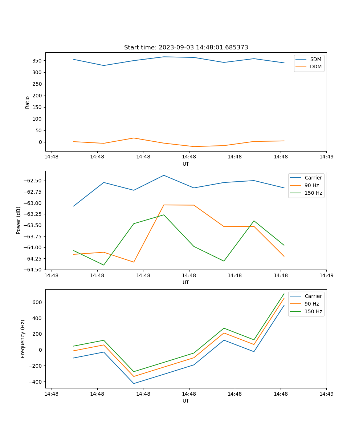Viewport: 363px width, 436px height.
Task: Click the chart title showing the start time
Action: pyautogui.click(x=186, y=48)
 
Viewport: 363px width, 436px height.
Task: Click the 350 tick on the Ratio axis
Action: pyautogui.click(x=37, y=61)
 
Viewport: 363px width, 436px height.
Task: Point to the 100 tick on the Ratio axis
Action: pyautogui.click(x=37, y=119)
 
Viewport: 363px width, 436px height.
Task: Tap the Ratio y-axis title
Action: pyautogui.click(x=28, y=102)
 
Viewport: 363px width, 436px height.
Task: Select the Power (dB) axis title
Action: pyautogui.click(x=19, y=220)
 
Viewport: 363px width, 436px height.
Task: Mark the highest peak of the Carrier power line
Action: pyautogui.click(x=164, y=175)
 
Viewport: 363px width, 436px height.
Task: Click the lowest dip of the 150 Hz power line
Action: pyautogui.click(x=104, y=265)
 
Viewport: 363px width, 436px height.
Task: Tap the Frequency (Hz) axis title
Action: pyautogui.click(x=23, y=339)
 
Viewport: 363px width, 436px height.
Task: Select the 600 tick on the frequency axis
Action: pyautogui.click(x=37, y=302)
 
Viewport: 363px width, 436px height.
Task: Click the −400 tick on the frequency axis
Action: pyautogui.click(x=36, y=382)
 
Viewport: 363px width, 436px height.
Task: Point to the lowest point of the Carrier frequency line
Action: pyautogui.click(x=134, y=383)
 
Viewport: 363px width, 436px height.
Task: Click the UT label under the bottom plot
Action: pyautogui.click(x=186, y=401)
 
